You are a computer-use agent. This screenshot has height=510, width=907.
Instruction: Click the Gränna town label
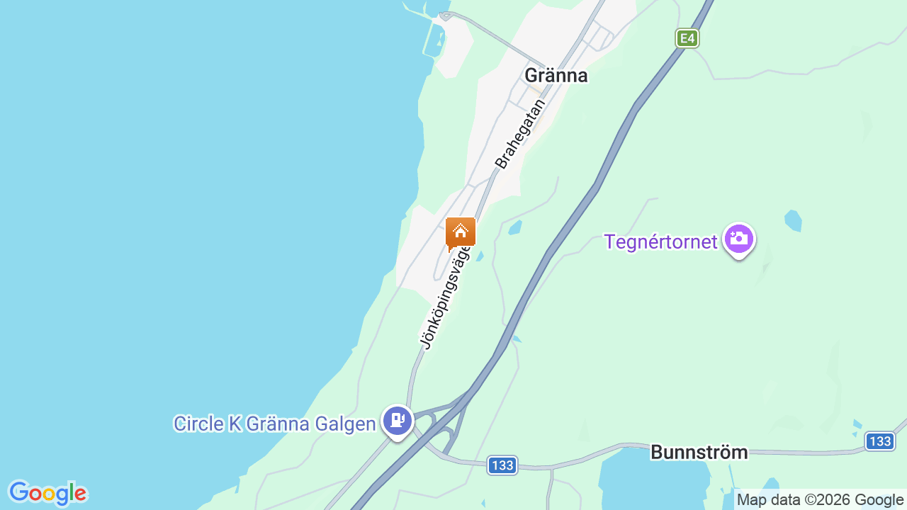[x=556, y=75]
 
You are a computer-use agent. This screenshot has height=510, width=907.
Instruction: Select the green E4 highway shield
[x=687, y=38]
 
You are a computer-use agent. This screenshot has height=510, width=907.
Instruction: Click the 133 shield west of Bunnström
[x=502, y=465]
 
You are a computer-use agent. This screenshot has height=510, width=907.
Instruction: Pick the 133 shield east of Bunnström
[x=879, y=441]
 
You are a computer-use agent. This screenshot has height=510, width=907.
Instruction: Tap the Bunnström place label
[x=699, y=452]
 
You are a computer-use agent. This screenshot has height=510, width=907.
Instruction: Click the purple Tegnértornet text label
[x=660, y=242]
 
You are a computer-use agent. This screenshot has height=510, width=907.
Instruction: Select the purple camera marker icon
[x=738, y=239]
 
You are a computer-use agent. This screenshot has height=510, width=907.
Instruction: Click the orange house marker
[x=461, y=232]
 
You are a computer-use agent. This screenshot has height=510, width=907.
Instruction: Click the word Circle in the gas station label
[x=198, y=424]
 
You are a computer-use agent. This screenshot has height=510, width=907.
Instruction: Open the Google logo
[x=47, y=493]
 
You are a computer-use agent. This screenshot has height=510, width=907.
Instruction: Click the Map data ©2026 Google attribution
[x=821, y=499]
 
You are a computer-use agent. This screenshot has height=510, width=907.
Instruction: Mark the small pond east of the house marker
[x=515, y=227]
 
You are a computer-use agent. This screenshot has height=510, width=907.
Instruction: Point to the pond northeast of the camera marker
[x=793, y=220]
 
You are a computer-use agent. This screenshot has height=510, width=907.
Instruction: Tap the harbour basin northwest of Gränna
[x=434, y=39]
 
